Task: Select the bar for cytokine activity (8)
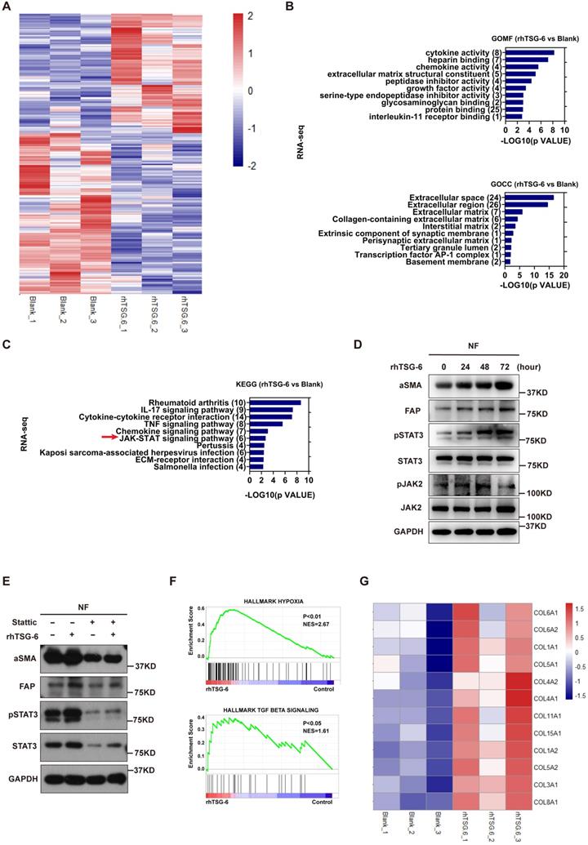(529, 53)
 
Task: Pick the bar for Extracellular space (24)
(528, 197)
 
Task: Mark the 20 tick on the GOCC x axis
(563, 277)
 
